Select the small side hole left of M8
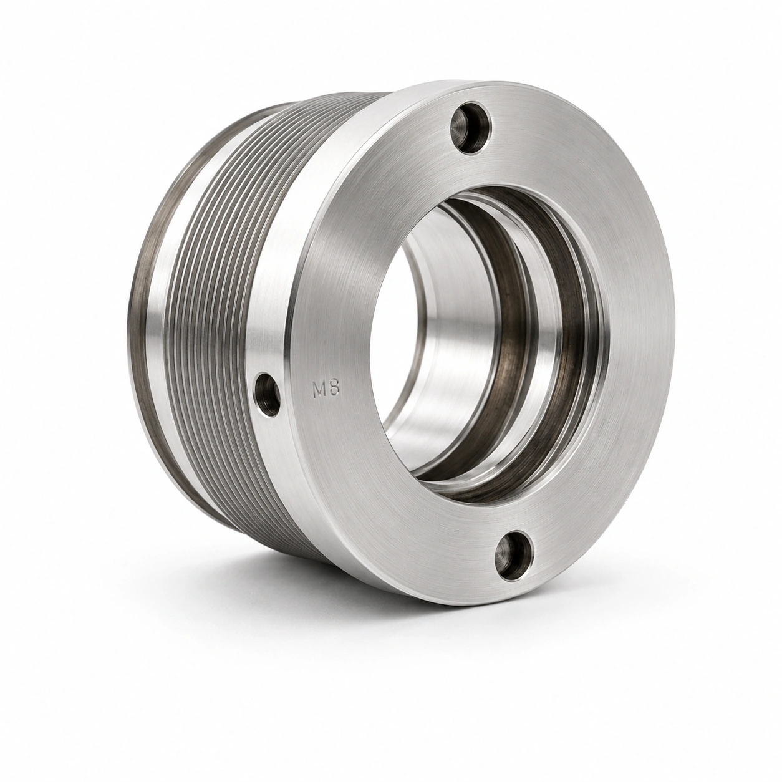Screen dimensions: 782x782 [267, 395]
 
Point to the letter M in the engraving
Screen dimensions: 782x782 [319, 390]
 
